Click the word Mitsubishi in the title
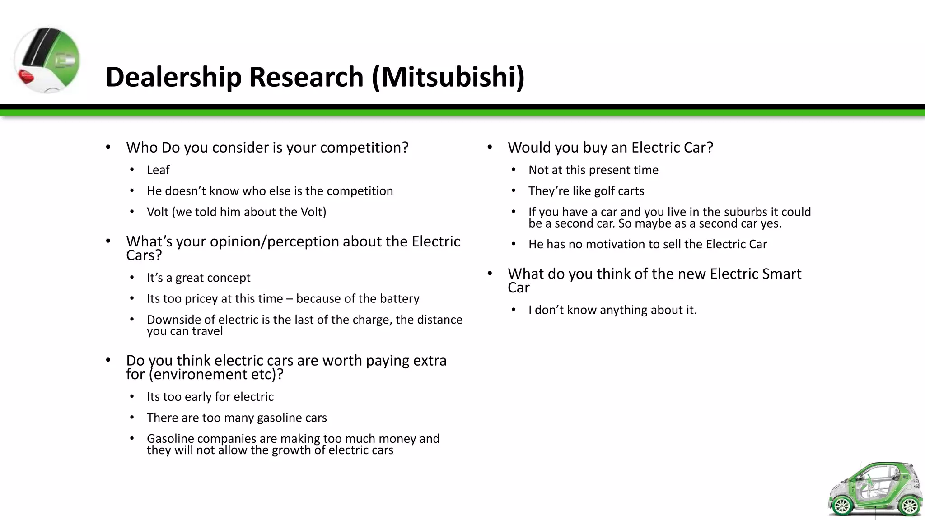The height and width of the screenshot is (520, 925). (447, 77)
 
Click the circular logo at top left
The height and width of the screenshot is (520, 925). (47, 60)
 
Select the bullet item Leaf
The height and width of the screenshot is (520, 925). (158, 170)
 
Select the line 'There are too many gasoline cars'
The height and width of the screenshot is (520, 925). (237, 418)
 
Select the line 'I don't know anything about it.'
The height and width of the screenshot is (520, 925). (612, 310)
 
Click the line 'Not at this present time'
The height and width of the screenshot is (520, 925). (593, 170)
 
